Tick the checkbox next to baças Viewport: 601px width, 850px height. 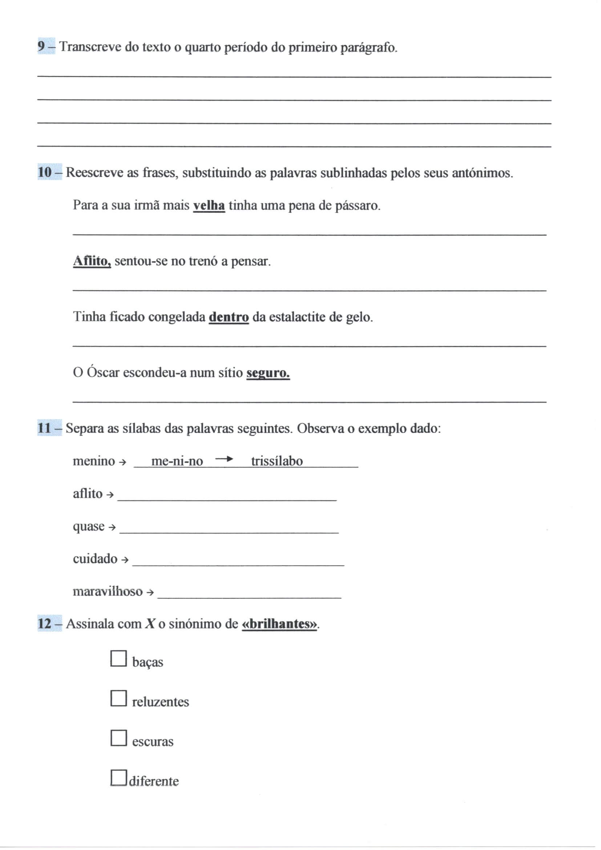[118, 659]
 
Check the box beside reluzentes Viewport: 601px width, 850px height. [118, 698]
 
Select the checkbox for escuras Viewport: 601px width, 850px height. [118, 738]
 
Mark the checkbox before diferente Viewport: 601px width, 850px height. [118, 777]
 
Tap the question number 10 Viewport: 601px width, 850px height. [45, 172]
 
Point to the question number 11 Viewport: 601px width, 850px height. [45, 428]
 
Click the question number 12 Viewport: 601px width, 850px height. [45, 624]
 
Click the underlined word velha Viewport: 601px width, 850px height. [209, 205]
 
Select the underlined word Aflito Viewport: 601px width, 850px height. [92, 261]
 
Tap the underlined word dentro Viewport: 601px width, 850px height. [229, 317]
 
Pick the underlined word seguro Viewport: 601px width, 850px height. [268, 372]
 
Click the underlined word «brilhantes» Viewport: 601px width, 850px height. [279, 624]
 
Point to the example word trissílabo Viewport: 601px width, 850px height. [277, 461]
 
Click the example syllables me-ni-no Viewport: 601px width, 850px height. [177, 461]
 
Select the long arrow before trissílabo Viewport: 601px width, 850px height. [224, 459]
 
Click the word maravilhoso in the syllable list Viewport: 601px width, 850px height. [107, 591]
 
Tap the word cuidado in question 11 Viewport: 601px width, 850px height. [95, 559]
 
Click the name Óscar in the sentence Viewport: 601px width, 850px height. [103, 372]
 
